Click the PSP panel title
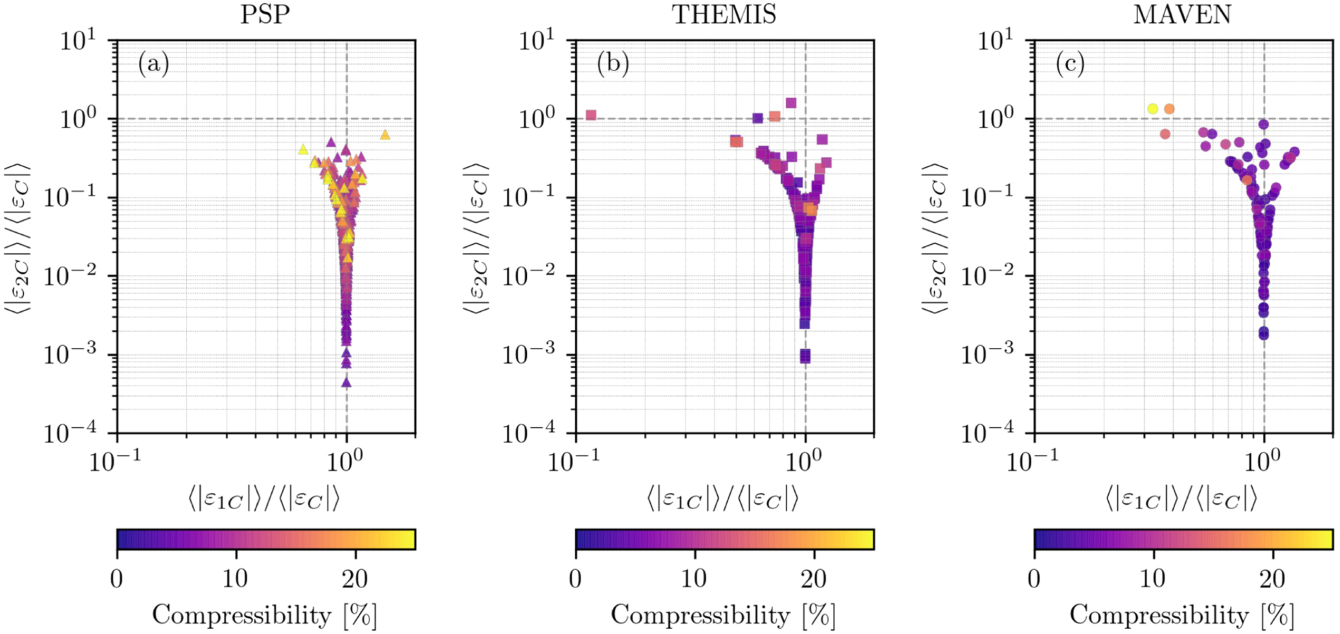coord(265,14)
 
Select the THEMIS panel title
coord(724,14)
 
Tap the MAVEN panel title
coord(1182,14)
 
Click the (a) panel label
coord(153,64)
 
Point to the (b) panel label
coord(612,64)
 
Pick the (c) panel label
coord(1070,64)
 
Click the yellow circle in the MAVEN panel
coord(1152,109)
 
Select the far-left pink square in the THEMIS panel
coord(590,115)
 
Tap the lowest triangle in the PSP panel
coord(346,382)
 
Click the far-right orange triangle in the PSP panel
coord(385,135)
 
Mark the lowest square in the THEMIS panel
coord(805,356)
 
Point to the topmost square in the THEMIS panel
coord(790,103)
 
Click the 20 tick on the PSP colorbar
coord(355,578)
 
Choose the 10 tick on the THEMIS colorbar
coord(695,578)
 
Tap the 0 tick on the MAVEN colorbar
coord(1034,578)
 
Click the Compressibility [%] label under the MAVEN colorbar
coord(1182,615)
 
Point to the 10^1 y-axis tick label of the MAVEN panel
coord(994,41)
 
